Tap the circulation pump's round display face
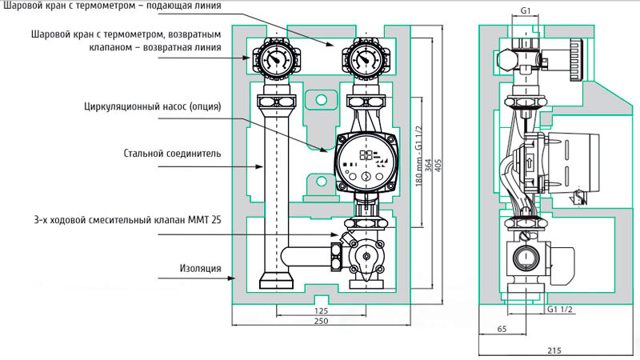[366, 162]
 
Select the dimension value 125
[322, 310]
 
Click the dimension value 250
[322, 321]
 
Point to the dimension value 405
[438, 166]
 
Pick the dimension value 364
[428, 166]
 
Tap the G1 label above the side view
[526, 11]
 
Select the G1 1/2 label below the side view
[559, 309]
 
